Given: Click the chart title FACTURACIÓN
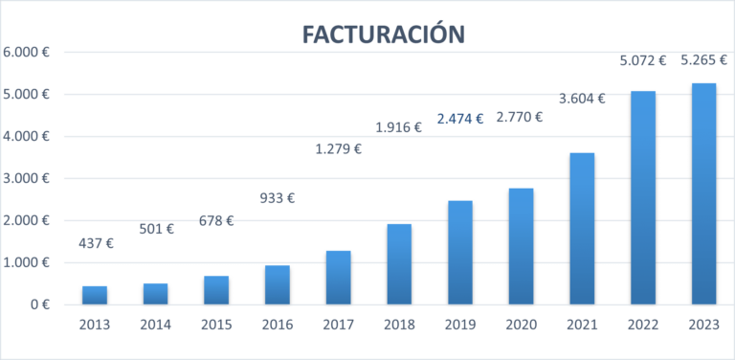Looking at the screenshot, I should [x=383, y=34].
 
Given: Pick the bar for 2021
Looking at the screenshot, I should [x=582, y=229].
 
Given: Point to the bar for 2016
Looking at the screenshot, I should [x=277, y=284].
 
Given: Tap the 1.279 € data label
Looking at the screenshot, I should [x=339, y=148].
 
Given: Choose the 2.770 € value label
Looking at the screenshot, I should [x=520, y=118].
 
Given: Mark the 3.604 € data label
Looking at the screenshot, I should [x=581, y=97].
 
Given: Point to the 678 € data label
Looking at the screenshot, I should [x=215, y=220].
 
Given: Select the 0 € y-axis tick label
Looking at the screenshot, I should [x=38, y=304].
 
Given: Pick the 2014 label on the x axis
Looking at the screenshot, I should [x=155, y=325].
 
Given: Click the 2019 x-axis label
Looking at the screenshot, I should [x=459, y=325].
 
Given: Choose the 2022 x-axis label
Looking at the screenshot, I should [x=642, y=325].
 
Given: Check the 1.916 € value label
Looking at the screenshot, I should [x=398, y=127].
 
